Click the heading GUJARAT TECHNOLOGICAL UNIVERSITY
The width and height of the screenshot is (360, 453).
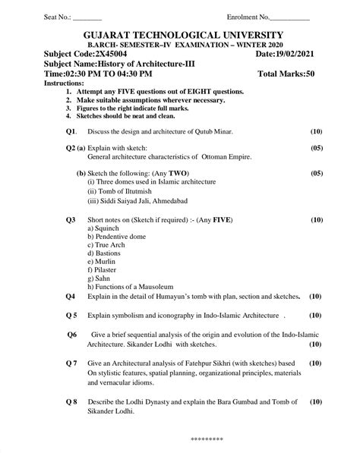click(x=180, y=35)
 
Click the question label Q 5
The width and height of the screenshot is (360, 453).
click(x=71, y=314)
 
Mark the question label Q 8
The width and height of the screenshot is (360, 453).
click(x=71, y=401)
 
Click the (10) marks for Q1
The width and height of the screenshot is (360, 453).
click(x=317, y=131)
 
